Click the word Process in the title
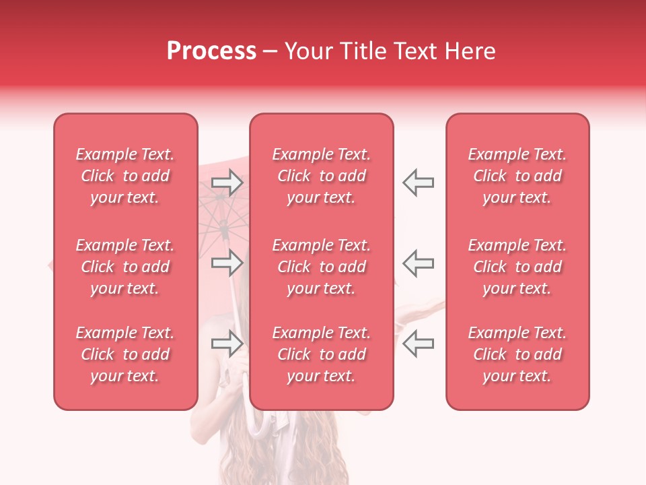click(x=211, y=51)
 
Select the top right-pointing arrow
click(x=227, y=183)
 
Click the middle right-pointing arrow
click(x=227, y=263)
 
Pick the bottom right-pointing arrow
click(x=227, y=344)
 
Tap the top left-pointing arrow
click(x=418, y=183)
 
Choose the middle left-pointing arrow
click(x=418, y=263)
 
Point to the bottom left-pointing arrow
click(x=418, y=344)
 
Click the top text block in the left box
click(x=125, y=176)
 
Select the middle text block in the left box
click(x=125, y=267)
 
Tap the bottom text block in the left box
click(x=125, y=354)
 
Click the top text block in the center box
click(x=321, y=176)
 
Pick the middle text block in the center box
click(x=321, y=267)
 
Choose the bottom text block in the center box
click(x=321, y=354)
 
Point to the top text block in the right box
click(x=517, y=176)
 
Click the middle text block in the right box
click(x=517, y=267)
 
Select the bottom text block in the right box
click(x=517, y=354)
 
